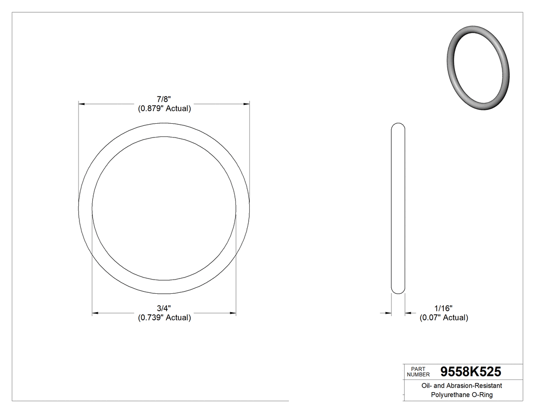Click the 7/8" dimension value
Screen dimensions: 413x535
164,99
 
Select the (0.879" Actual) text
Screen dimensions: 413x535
164,108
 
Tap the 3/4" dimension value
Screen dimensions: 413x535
164,308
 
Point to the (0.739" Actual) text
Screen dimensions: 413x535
164,318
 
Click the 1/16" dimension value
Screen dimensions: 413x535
443,308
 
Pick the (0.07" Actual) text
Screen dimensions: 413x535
443,318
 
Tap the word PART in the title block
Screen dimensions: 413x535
417,369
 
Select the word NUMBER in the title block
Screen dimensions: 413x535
419,374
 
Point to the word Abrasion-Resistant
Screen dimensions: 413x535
473,386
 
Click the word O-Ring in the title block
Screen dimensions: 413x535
481,395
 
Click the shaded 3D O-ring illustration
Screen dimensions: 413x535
478,68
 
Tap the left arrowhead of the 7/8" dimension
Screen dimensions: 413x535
82,104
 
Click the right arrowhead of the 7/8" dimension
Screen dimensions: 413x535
247,104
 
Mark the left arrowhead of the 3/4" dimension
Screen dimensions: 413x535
95,313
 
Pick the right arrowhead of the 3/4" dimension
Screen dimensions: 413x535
233,313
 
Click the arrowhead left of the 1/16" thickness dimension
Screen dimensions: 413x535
388,313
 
